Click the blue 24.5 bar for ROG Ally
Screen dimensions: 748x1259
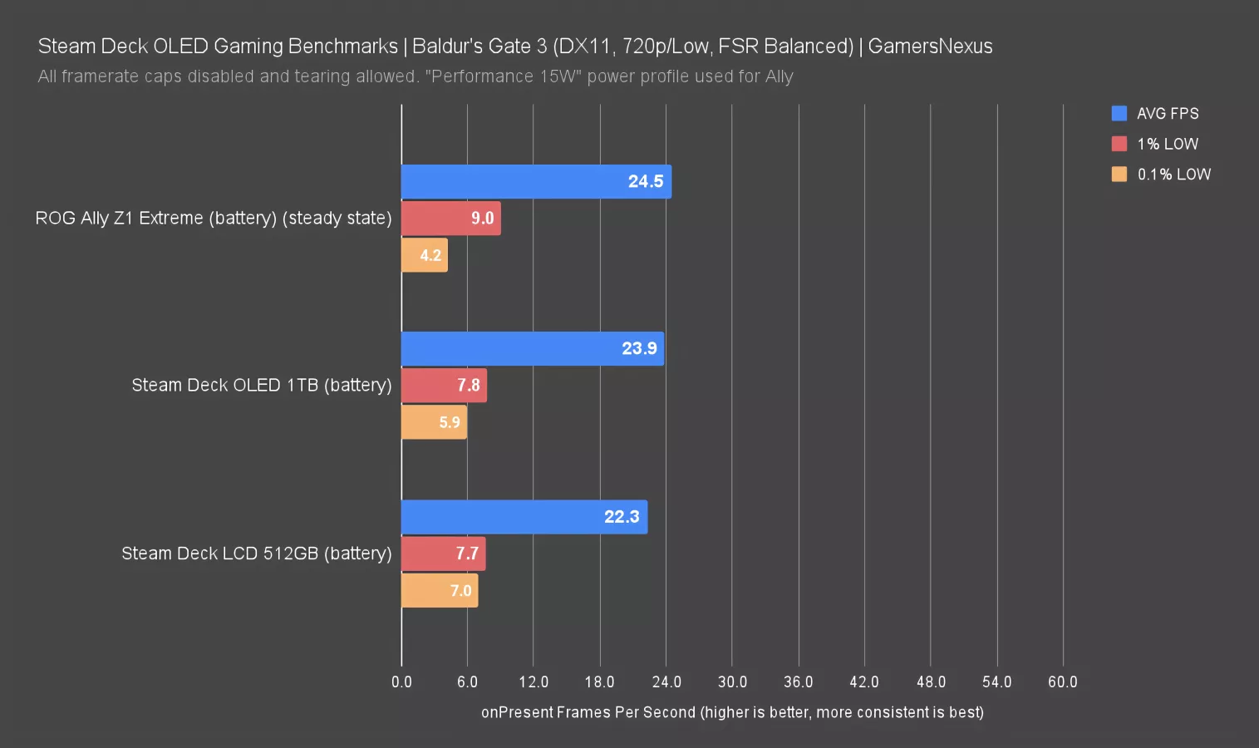pyautogui.click(x=536, y=181)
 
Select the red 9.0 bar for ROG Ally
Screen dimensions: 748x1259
pyautogui.click(x=450, y=218)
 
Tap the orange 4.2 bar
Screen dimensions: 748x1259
pyautogui.click(x=424, y=255)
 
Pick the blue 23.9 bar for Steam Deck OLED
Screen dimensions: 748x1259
pyautogui.click(x=532, y=348)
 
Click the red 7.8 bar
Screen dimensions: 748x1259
pyautogui.click(x=444, y=385)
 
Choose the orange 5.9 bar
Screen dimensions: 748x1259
pyautogui.click(x=434, y=422)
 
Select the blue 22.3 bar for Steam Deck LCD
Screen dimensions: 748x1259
pyautogui.click(x=524, y=517)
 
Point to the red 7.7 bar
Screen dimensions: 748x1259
pyautogui.click(x=443, y=554)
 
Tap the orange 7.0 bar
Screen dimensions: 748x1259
pyautogui.click(x=439, y=590)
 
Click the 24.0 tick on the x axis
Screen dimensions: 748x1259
pyautogui.click(x=666, y=682)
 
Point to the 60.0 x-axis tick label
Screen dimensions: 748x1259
pyautogui.click(x=1062, y=682)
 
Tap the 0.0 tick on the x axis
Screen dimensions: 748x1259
pyautogui.click(x=401, y=682)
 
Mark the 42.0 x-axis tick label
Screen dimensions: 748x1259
pyautogui.click(x=864, y=682)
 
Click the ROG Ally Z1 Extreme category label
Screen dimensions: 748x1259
pyautogui.click(x=213, y=218)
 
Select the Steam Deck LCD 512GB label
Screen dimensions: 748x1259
pyautogui.click(x=256, y=554)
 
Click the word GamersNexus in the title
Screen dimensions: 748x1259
pyautogui.click(x=930, y=47)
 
